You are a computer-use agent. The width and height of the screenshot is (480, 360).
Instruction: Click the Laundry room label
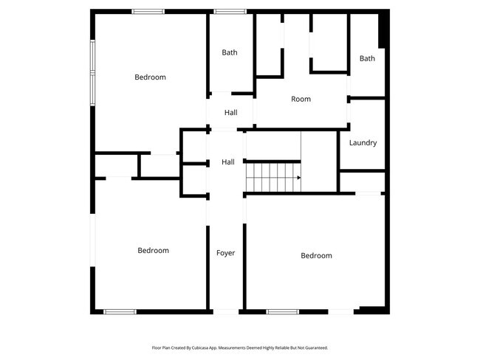coord(363,143)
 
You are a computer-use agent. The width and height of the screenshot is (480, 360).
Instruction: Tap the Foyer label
coord(225,253)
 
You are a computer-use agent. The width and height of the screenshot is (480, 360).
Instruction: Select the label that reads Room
coord(301,99)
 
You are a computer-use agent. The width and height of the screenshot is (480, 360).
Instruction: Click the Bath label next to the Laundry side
coord(367,58)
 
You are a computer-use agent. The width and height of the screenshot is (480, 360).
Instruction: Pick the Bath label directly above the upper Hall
coord(230,52)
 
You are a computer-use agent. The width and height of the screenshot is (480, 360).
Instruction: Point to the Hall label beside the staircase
coord(228,162)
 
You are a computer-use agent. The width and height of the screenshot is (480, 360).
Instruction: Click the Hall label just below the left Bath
coord(230,113)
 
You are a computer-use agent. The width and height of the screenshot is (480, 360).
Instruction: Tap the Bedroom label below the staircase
coord(316,256)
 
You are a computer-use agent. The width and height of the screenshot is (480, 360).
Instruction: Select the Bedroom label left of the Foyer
coord(153,251)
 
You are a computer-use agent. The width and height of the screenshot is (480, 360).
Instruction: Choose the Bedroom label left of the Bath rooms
coord(150,77)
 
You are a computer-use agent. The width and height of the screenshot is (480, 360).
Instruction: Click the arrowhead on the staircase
coord(298,178)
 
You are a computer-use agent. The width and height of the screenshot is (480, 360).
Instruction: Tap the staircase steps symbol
coord(272,178)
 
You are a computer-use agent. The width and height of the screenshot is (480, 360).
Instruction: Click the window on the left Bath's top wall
coord(230,11)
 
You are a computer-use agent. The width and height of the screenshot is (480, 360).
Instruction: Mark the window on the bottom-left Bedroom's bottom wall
coord(120,311)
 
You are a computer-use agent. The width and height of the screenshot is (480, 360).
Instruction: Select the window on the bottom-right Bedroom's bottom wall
coord(282,311)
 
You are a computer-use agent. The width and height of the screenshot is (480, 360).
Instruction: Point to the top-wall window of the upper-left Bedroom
coord(148,11)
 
